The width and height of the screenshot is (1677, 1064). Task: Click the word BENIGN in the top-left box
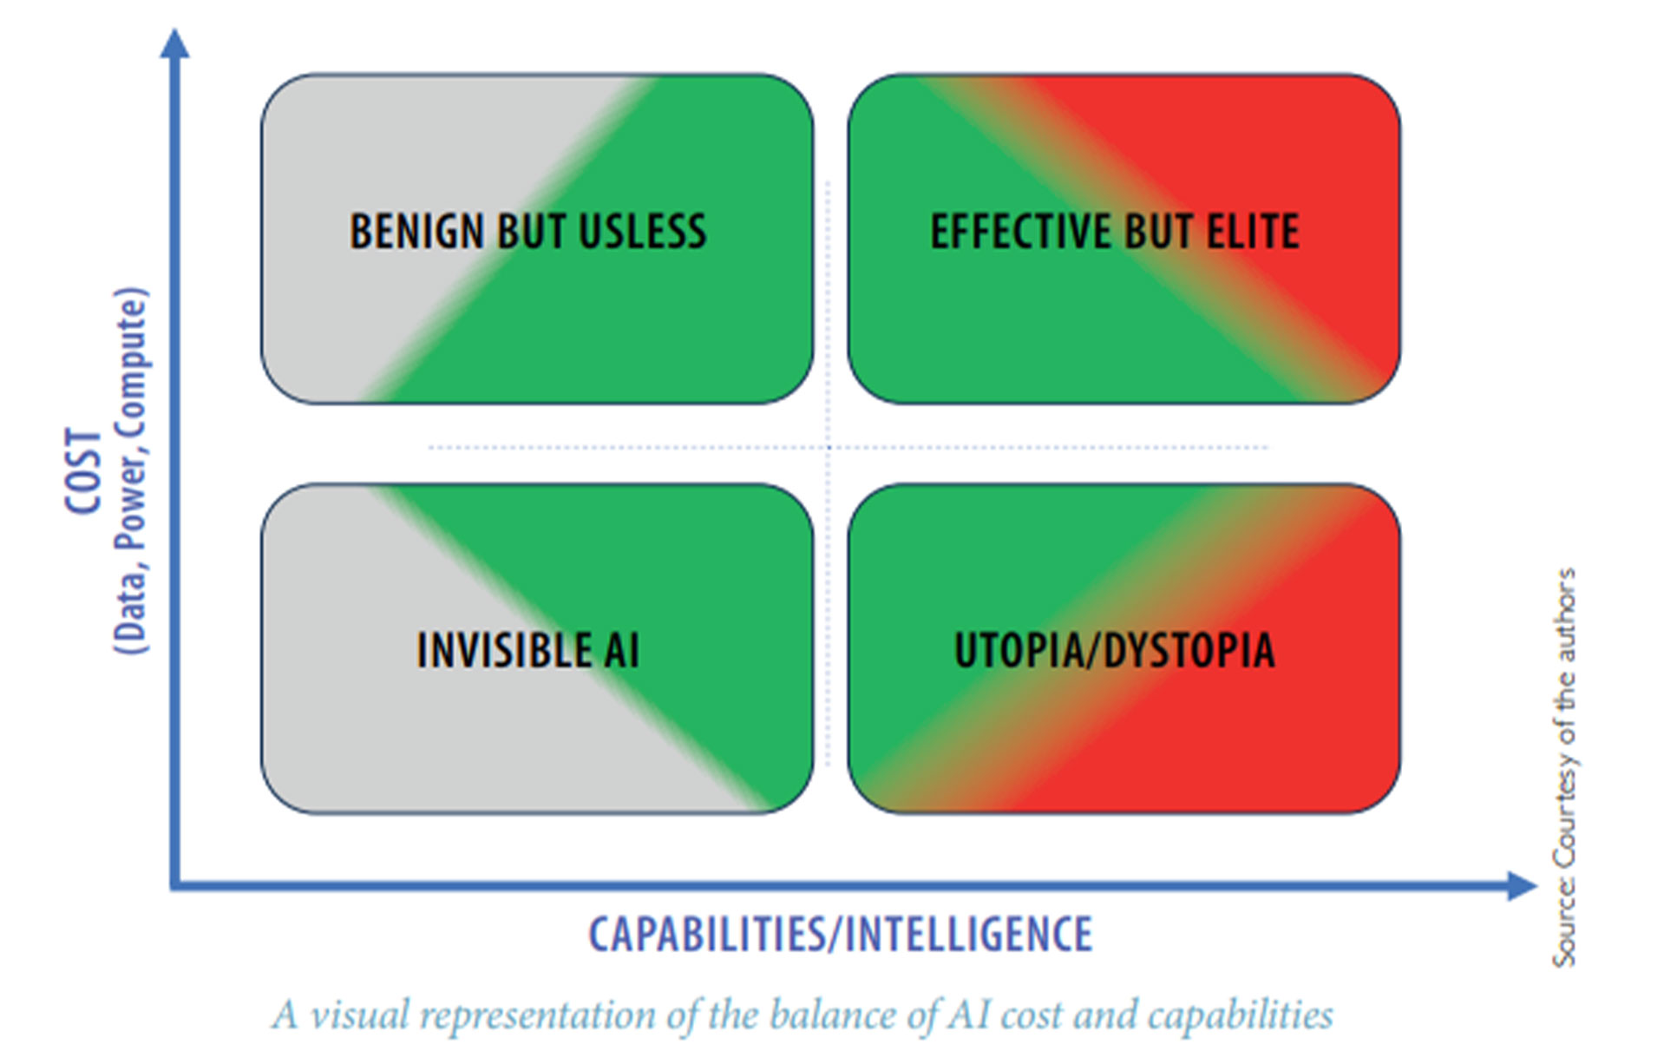416,232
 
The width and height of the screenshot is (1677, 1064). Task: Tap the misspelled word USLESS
642,232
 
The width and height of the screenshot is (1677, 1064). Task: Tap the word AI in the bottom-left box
622,650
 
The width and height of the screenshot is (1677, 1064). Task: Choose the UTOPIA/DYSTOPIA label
1115,650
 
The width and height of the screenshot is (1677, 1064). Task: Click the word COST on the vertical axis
84,471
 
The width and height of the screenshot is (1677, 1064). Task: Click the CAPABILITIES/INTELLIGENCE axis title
841,935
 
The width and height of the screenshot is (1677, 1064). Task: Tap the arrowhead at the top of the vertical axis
175,43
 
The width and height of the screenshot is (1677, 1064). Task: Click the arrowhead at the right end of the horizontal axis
1523,886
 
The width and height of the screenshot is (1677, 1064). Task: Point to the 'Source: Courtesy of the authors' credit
1564,768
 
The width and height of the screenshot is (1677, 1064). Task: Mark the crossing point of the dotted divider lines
829,448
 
